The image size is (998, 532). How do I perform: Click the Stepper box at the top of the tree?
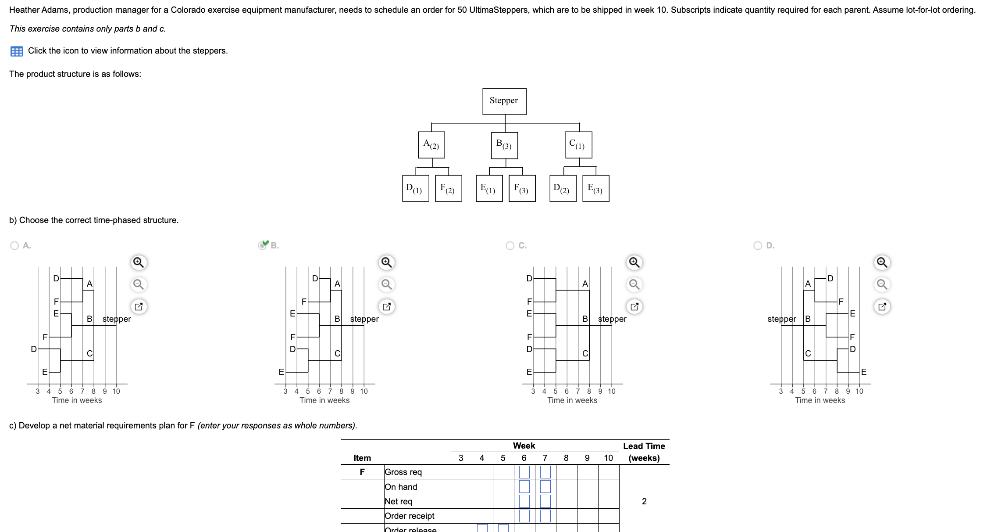(504, 101)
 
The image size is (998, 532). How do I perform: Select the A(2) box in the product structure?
(431, 144)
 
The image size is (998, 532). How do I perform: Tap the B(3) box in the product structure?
(504, 144)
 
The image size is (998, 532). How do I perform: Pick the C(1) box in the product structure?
(578, 144)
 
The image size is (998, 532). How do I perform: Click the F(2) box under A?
(448, 188)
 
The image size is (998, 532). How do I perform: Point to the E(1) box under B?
(489, 188)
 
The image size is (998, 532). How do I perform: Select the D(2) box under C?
(563, 188)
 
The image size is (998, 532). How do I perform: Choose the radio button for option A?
(14, 246)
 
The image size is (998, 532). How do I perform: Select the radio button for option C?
(510, 246)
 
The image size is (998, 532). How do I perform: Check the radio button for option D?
(758, 246)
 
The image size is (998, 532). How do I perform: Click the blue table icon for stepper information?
(17, 51)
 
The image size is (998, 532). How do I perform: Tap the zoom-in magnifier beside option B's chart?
(386, 262)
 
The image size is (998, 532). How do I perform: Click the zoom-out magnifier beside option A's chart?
(139, 284)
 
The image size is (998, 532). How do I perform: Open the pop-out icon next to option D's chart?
(882, 306)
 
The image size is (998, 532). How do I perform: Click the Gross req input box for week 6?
(524, 472)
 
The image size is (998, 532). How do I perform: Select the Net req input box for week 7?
(545, 501)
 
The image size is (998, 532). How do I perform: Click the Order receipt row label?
(409, 516)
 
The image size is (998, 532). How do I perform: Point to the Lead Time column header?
(644, 452)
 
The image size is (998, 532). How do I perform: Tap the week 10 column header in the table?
(608, 458)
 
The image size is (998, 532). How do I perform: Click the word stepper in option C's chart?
(612, 319)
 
